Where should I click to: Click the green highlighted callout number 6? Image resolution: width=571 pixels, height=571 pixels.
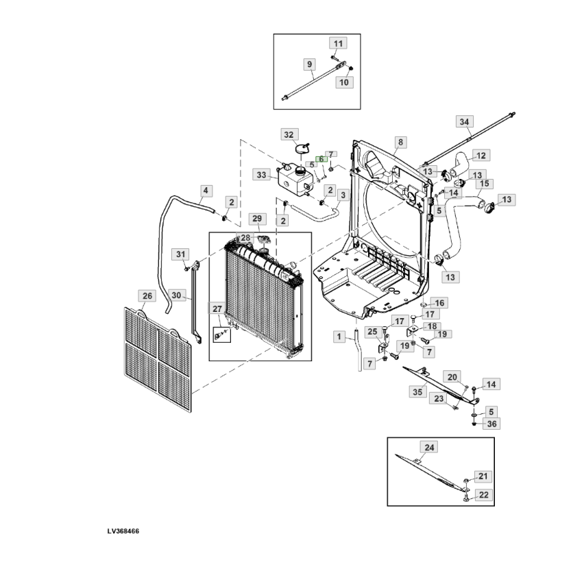tap(321, 159)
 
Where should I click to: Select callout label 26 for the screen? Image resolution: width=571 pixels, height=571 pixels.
tap(147, 295)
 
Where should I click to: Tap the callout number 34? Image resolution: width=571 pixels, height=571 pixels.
tap(464, 121)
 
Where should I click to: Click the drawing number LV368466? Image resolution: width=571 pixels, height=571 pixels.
tap(123, 531)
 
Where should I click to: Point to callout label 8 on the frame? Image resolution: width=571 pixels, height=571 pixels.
tap(400, 142)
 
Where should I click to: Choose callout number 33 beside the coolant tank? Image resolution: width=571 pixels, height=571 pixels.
tap(261, 175)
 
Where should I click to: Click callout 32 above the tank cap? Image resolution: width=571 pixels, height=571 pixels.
tap(289, 134)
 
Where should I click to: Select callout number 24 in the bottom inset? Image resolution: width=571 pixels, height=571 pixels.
tap(429, 447)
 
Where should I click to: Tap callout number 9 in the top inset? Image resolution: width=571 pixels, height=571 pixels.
tap(310, 64)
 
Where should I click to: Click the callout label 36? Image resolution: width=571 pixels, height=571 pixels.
tap(491, 424)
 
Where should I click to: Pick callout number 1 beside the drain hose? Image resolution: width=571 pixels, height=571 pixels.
tap(339, 337)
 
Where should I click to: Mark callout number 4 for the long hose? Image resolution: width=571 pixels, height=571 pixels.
tap(206, 191)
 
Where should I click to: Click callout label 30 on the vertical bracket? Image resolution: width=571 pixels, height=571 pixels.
tap(176, 295)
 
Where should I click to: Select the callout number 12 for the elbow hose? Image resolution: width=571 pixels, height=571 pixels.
tap(481, 156)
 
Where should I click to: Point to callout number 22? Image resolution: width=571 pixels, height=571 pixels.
tap(484, 495)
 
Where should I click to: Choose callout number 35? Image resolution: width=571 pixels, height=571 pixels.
tap(417, 392)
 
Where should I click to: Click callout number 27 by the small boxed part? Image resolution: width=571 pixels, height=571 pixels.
tap(217, 308)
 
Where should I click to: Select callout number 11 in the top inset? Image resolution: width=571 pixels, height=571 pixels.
tap(339, 43)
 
